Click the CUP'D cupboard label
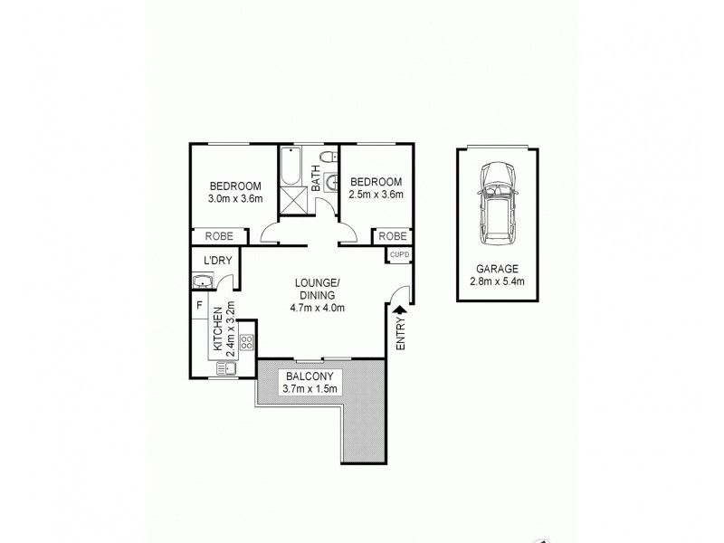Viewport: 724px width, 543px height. tap(399, 255)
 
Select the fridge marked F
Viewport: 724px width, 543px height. tap(199, 306)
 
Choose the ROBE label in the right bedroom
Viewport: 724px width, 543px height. tap(393, 236)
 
